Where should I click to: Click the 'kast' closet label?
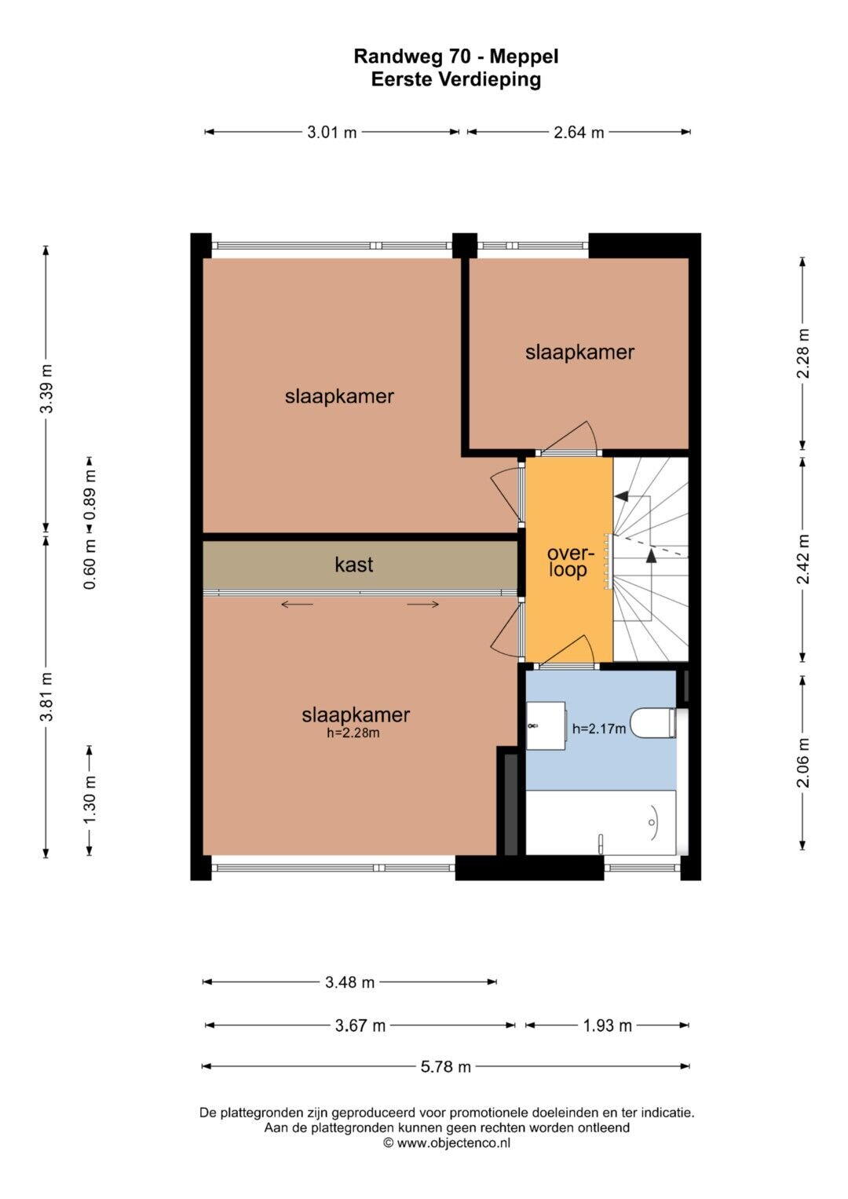click(x=353, y=565)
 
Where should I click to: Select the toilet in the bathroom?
click(x=653, y=722)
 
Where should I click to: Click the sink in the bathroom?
click(x=546, y=726)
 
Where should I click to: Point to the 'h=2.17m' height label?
click(x=598, y=728)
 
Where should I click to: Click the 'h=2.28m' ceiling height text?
click(x=353, y=733)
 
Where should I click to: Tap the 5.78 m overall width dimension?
click(x=445, y=1067)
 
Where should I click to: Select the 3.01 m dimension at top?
click(x=332, y=132)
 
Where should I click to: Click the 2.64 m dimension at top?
click(x=579, y=132)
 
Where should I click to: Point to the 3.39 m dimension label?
click(x=46, y=389)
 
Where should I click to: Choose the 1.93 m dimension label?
click(x=607, y=1025)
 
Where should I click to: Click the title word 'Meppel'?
click(x=525, y=57)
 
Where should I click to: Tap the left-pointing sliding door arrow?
click(x=297, y=605)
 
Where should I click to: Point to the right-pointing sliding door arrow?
click(x=423, y=605)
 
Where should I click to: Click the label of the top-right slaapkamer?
click(x=579, y=353)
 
